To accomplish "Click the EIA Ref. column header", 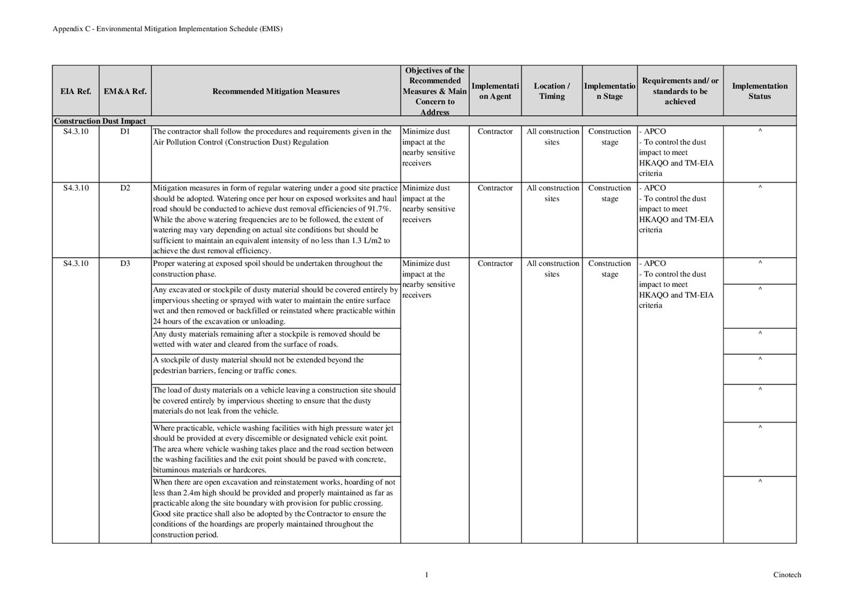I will pos(76,91).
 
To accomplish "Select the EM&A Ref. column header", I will pos(125,91).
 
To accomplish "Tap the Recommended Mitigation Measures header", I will pos(276,91).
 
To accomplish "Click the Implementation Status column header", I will pos(759,91).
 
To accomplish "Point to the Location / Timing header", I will pos(551,91).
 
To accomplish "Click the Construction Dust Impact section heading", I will pos(100,121).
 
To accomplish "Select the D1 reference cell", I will pos(125,131).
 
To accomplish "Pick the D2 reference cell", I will pos(125,188).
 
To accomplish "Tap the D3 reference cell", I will pos(125,263).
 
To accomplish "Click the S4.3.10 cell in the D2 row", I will pos(76,188).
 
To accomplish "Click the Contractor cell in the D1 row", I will pos(495,131).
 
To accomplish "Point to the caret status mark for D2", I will pos(760,188).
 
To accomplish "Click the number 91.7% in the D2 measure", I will pos(378,209).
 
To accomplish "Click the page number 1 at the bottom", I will pos(427,575).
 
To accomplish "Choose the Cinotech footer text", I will pos(786,575).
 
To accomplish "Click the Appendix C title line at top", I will pos(167,29).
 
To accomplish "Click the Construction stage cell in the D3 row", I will pos(609,268).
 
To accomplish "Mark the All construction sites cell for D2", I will pos(553,193).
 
